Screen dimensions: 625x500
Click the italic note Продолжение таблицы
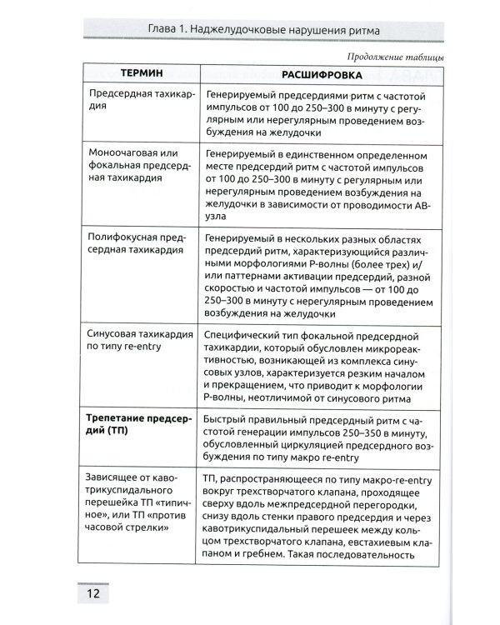point(393,56)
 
